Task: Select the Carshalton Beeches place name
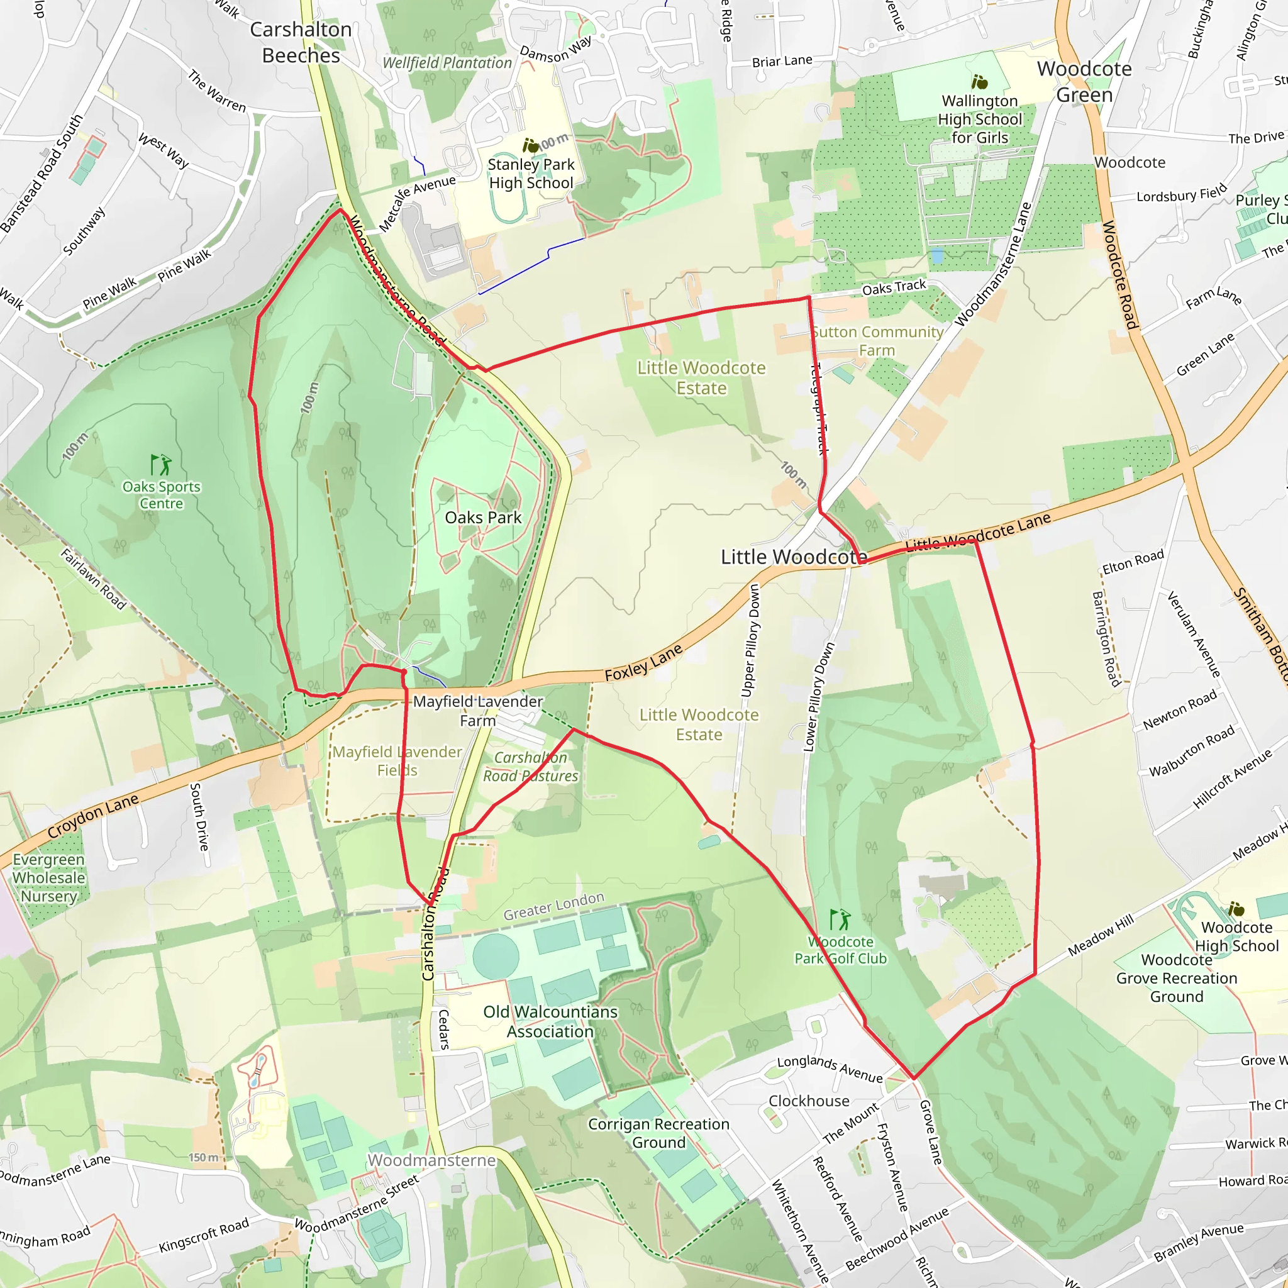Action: coord(301,42)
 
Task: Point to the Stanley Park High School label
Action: coord(531,174)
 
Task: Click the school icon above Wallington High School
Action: coord(979,82)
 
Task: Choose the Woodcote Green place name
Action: coord(1084,81)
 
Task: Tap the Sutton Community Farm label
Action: coord(877,341)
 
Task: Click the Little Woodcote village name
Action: coord(793,557)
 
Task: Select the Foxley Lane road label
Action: coord(643,663)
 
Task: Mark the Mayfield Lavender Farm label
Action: coord(477,711)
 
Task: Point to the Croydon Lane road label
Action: coord(92,816)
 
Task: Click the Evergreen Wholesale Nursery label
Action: coord(48,877)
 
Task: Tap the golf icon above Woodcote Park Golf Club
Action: coord(840,919)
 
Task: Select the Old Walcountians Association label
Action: coord(550,1021)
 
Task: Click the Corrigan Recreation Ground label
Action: coord(658,1133)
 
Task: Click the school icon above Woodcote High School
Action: coord(1236,909)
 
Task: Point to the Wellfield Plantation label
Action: coord(447,63)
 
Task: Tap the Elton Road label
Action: coord(1133,562)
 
